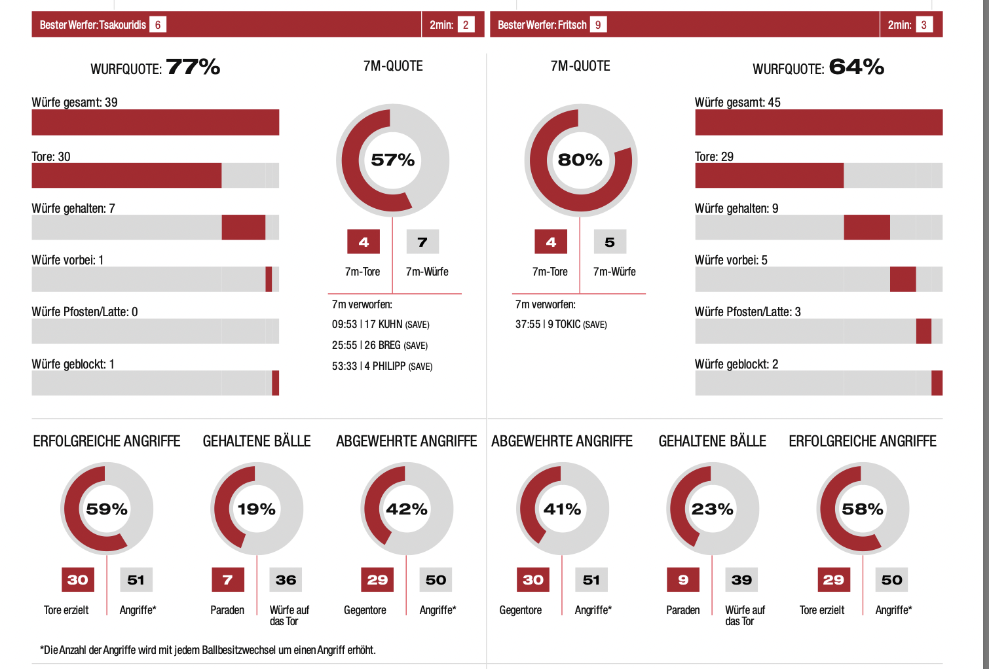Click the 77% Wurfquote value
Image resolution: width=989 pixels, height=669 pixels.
[x=193, y=67]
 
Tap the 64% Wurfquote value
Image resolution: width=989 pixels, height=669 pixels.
[x=857, y=67]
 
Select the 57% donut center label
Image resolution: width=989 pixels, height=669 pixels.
[x=392, y=160]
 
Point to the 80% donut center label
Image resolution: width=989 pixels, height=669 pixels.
[x=580, y=160]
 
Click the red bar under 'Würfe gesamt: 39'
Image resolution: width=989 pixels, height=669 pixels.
[x=155, y=122]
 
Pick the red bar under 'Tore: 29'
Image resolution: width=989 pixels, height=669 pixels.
[x=769, y=175]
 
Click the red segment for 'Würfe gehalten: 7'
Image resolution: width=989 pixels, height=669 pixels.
[x=243, y=227]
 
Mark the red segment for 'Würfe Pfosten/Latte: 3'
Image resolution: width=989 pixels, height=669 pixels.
[x=924, y=331]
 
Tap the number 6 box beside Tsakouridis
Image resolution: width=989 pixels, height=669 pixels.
[x=158, y=25]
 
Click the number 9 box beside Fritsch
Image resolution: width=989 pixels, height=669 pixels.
[x=598, y=25]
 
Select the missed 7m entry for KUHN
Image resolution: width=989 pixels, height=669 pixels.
[x=381, y=325]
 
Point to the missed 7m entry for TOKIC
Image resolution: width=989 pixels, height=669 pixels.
[x=561, y=325]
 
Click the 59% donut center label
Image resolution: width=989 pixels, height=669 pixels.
[x=107, y=509]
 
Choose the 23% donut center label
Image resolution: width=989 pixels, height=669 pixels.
[x=713, y=509]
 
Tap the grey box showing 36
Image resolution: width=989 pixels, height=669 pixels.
[x=286, y=580]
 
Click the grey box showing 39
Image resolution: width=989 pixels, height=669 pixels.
[x=741, y=580]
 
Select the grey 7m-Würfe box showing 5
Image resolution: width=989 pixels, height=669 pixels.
[x=610, y=242]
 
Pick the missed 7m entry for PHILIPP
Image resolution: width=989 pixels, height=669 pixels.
[x=382, y=367]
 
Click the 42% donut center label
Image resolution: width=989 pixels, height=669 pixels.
[x=407, y=509]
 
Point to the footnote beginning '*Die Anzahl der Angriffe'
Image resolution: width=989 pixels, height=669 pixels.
[x=208, y=650]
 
